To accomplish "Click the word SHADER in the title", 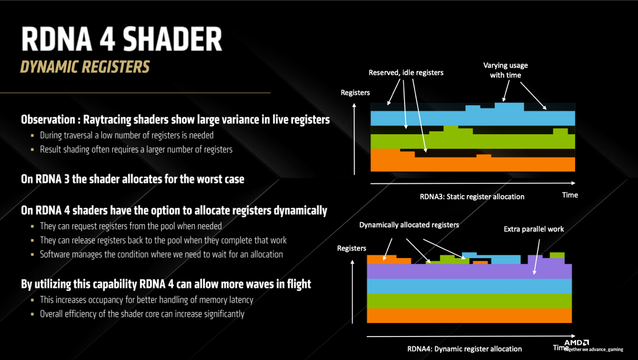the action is [x=172, y=39].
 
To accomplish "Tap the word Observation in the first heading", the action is [x=48, y=120].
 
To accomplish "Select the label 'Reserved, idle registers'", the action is [x=406, y=72].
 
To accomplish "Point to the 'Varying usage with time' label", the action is [x=506, y=70].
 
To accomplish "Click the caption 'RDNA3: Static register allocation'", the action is [x=472, y=197].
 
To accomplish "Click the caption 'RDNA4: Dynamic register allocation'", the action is [x=464, y=349].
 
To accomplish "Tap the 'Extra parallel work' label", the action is [x=534, y=229].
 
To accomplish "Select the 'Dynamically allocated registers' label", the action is [x=409, y=225].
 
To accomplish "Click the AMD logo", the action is [x=577, y=342].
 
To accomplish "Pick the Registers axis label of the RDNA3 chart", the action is [x=355, y=93].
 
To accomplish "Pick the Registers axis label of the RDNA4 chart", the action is [x=351, y=248].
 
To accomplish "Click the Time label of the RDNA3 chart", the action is [x=570, y=195].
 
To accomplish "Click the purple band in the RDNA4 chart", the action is [x=469, y=271].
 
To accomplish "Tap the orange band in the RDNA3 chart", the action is [x=473, y=164].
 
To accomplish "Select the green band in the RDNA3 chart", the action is [x=473, y=141].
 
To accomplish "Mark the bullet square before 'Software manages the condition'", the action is [x=32, y=254].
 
